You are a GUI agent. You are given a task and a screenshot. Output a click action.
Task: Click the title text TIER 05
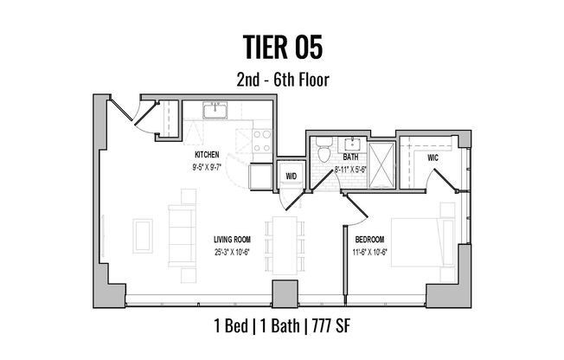click(282, 46)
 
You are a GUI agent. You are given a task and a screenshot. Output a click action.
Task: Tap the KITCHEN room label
click(207, 155)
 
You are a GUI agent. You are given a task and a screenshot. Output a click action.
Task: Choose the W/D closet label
click(292, 177)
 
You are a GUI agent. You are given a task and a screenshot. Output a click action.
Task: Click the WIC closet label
click(432, 157)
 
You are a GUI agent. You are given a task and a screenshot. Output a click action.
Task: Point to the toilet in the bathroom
click(323, 151)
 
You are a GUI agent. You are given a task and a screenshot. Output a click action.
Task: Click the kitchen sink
click(215, 111)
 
